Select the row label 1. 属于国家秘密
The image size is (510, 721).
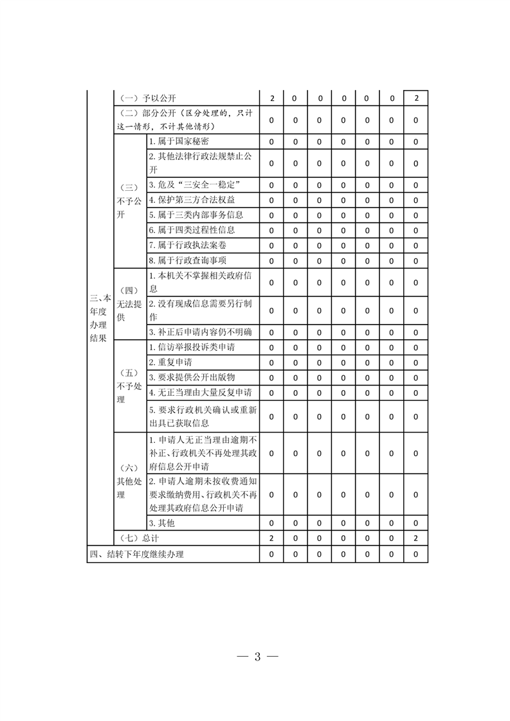[179, 141]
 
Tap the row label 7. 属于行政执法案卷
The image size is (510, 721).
[188, 245]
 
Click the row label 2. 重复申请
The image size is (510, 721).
[170, 362]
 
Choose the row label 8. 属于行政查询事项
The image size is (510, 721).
[188, 260]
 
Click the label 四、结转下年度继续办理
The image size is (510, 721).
[141, 554]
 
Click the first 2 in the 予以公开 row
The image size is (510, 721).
[272, 98]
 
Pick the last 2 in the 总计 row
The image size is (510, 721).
[416, 539]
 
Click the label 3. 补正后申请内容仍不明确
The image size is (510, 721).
[201, 332]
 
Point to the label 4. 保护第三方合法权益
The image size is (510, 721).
[192, 200]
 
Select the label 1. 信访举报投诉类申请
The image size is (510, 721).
[192, 348]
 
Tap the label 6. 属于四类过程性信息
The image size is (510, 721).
[192, 229]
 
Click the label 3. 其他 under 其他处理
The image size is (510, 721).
[162, 523]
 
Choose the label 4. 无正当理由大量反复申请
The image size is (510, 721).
[201, 392]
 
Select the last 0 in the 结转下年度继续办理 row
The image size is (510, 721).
[416, 554]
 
